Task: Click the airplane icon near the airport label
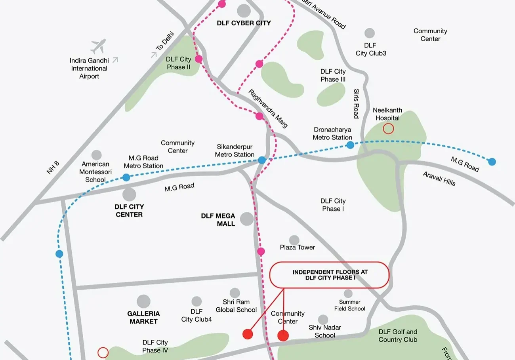tap(98, 46)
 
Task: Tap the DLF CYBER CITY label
tap(244, 23)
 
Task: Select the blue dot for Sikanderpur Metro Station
tap(262, 160)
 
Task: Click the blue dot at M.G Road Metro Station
tap(126, 177)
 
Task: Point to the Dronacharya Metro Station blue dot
tap(350, 145)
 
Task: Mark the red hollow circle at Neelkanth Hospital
tap(388, 128)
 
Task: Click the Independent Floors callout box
tap(330, 275)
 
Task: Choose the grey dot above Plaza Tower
tap(294, 240)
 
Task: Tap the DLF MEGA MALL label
tap(218, 220)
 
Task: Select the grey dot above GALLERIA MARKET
tap(143, 301)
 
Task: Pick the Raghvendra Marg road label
tap(268, 108)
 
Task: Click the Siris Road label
tap(356, 103)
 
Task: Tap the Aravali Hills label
tap(439, 179)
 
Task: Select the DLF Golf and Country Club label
tap(398, 336)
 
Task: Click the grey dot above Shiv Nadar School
tap(323, 320)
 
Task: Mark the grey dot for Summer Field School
tap(348, 293)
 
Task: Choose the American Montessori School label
tap(95, 172)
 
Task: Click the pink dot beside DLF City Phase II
tap(199, 59)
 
